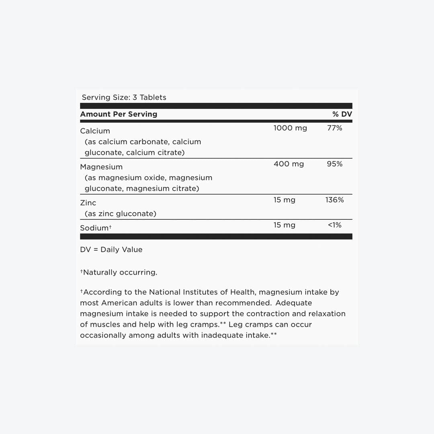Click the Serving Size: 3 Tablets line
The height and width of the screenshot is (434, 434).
(x=124, y=97)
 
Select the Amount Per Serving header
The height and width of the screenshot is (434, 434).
(x=119, y=114)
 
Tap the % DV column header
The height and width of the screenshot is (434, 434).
(x=342, y=114)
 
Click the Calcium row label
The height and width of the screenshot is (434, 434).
(x=95, y=131)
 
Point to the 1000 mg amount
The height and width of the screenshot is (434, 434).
(x=290, y=128)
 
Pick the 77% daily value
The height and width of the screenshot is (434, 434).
(x=334, y=128)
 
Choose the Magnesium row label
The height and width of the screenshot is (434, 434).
(x=101, y=167)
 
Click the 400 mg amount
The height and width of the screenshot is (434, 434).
(x=289, y=164)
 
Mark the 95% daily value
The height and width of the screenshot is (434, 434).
(x=334, y=164)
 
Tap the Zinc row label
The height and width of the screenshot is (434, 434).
(x=88, y=203)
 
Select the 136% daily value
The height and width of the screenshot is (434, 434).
(x=334, y=200)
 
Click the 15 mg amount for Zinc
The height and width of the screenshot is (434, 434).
(x=284, y=200)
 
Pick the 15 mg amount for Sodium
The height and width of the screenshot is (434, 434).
(x=284, y=225)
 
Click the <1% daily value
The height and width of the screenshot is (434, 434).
(x=334, y=225)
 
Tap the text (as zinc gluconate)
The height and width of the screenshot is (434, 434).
(x=120, y=214)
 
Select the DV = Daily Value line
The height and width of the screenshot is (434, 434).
(x=111, y=250)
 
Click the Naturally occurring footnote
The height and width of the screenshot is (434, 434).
(x=119, y=272)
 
